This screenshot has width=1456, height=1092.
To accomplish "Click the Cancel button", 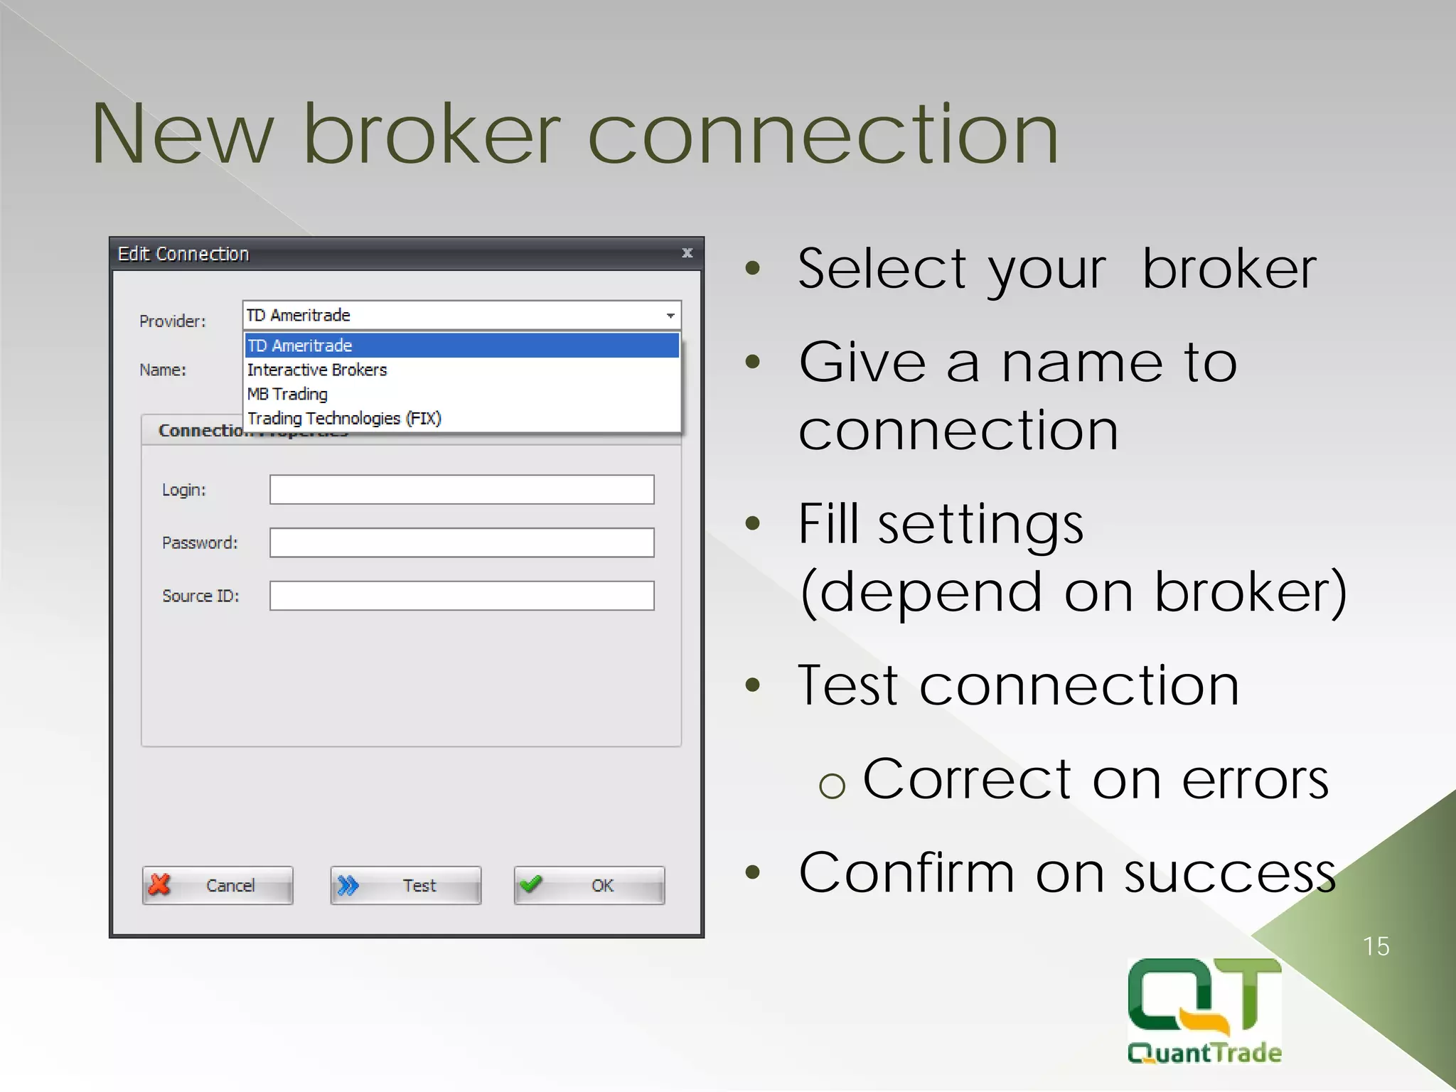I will point(218,885).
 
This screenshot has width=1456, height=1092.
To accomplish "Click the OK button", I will point(589,885).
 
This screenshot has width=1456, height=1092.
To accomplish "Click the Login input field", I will point(461,490).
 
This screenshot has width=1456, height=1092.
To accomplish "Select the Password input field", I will point(461,542).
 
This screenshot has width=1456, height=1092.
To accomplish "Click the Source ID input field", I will point(461,596).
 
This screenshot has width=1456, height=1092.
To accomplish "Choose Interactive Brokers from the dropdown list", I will point(317,370).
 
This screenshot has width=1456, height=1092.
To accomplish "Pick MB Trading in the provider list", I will point(288,394).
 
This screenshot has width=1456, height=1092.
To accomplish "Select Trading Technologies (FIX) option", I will point(345,418).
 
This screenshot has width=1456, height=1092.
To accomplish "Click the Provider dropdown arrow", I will point(670,315).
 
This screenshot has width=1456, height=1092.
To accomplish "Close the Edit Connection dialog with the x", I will point(687,253).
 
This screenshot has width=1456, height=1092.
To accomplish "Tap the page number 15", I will point(1376,946).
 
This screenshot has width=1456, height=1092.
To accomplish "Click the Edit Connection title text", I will point(183,254).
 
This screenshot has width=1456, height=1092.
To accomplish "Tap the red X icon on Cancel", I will point(160,884).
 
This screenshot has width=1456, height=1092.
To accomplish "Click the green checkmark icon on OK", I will point(531,884).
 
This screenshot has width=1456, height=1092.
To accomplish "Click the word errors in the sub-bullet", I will point(1255,780).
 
